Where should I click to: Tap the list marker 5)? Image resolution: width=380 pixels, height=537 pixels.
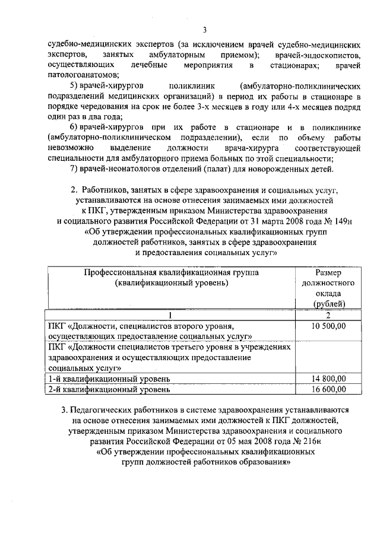(77, 85)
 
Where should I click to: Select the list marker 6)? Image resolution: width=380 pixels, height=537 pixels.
(77, 127)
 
